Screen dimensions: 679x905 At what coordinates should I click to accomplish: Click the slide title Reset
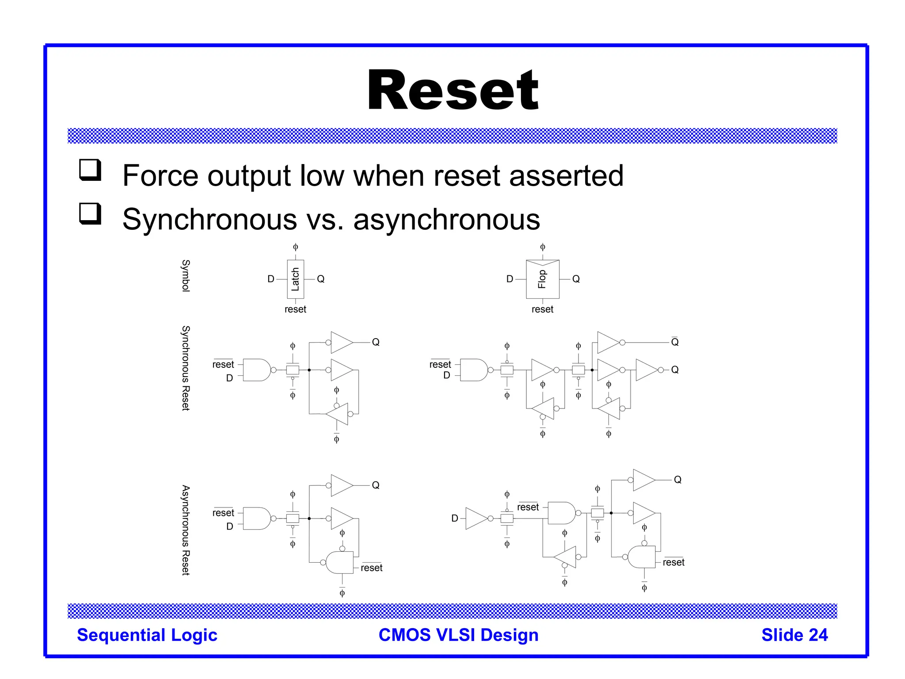point(452,91)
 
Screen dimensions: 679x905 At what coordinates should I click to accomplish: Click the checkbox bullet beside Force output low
point(90,170)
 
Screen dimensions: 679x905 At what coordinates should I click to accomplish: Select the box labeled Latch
point(295,279)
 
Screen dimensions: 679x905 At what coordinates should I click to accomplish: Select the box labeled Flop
point(543,279)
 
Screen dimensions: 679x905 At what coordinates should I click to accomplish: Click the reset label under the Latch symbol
point(295,309)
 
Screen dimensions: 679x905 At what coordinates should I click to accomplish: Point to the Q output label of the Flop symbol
point(576,279)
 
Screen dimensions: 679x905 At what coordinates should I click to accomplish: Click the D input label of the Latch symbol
point(271,279)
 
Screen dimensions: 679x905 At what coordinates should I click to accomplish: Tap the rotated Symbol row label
point(186,275)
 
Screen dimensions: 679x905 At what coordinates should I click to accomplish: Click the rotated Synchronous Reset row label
point(186,368)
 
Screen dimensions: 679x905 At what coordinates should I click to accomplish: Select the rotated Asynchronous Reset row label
point(186,530)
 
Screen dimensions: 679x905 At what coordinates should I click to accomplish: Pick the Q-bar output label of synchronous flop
point(674,342)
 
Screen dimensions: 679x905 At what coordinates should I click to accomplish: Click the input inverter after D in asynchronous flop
point(477,519)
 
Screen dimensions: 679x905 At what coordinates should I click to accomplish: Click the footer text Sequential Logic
point(147,635)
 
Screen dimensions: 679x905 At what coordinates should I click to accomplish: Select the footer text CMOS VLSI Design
point(458,635)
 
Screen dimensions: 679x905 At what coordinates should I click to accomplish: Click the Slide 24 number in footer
point(794,635)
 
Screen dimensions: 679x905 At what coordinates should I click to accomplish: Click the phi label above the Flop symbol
point(543,247)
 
